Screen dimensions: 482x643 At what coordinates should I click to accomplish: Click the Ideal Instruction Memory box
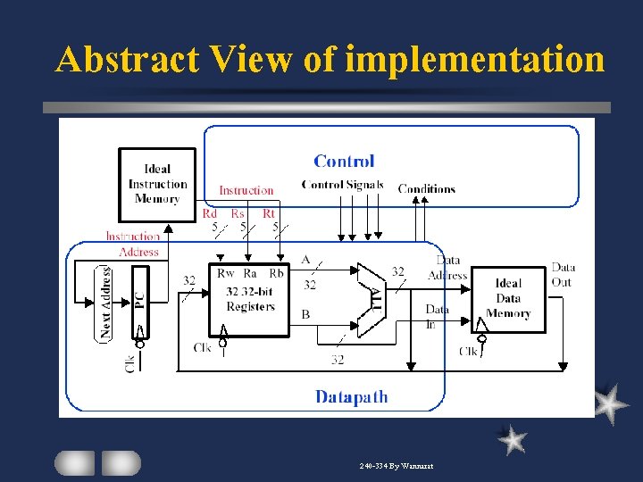(x=157, y=185)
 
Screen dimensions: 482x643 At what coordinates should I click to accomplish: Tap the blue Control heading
(x=344, y=162)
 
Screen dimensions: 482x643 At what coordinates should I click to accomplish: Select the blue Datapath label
(x=351, y=396)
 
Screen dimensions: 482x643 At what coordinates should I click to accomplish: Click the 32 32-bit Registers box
(x=250, y=299)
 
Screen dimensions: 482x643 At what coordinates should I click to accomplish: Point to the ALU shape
(x=372, y=296)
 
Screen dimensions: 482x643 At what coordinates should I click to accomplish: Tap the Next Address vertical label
(x=106, y=302)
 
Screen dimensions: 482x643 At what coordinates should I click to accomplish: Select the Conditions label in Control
(x=426, y=188)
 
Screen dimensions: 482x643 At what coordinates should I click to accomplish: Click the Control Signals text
(x=342, y=186)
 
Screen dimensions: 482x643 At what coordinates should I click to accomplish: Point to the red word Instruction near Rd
(x=246, y=190)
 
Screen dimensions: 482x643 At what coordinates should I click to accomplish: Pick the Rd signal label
(x=209, y=213)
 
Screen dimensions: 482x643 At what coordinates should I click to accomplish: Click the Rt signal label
(x=269, y=213)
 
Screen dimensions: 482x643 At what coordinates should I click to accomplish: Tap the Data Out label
(x=563, y=275)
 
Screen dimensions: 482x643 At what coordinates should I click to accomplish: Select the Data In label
(x=437, y=316)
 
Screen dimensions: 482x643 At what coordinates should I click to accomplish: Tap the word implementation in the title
(x=474, y=60)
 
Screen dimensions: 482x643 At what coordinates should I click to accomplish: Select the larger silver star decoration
(x=610, y=403)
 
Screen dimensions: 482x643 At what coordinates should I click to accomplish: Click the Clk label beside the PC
(x=130, y=363)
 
